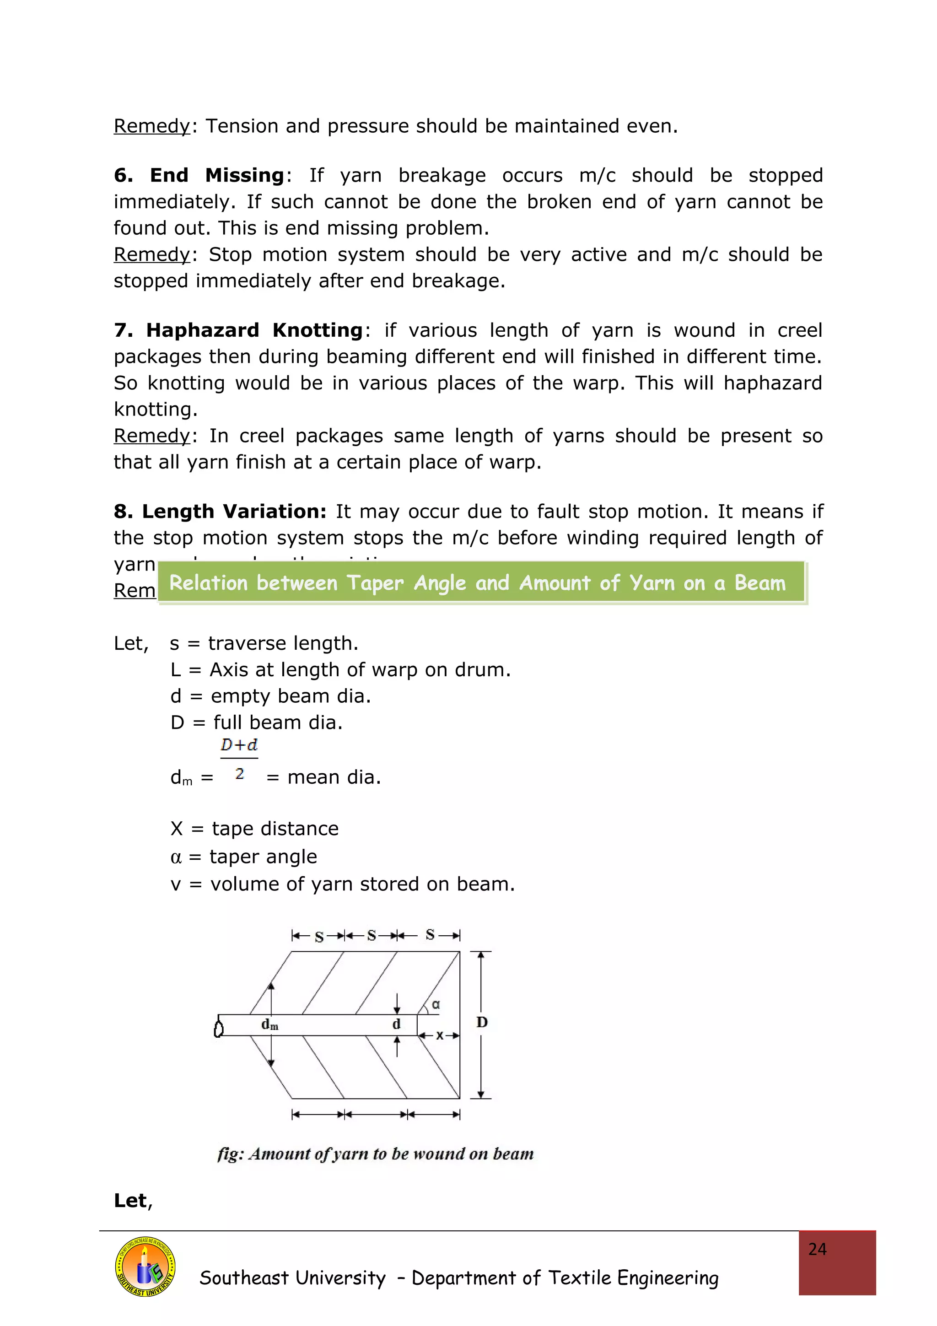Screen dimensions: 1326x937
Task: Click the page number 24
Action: point(817,1249)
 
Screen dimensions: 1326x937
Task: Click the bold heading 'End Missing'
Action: point(216,175)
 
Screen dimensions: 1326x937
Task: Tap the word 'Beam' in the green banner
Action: point(760,583)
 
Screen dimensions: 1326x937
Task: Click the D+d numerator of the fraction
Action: point(239,744)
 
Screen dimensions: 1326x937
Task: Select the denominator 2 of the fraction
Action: point(240,773)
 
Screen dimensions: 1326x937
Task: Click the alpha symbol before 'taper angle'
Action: point(176,857)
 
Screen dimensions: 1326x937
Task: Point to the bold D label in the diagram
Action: point(482,1022)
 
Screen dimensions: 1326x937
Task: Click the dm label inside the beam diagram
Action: point(269,1024)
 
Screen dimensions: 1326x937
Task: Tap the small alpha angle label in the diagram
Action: point(436,1004)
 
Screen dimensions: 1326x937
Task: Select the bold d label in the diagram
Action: point(396,1024)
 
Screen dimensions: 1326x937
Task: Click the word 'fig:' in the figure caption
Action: point(231,1154)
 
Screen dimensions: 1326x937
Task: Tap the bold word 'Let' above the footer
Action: point(130,1200)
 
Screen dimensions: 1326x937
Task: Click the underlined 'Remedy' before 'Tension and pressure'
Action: point(151,126)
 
